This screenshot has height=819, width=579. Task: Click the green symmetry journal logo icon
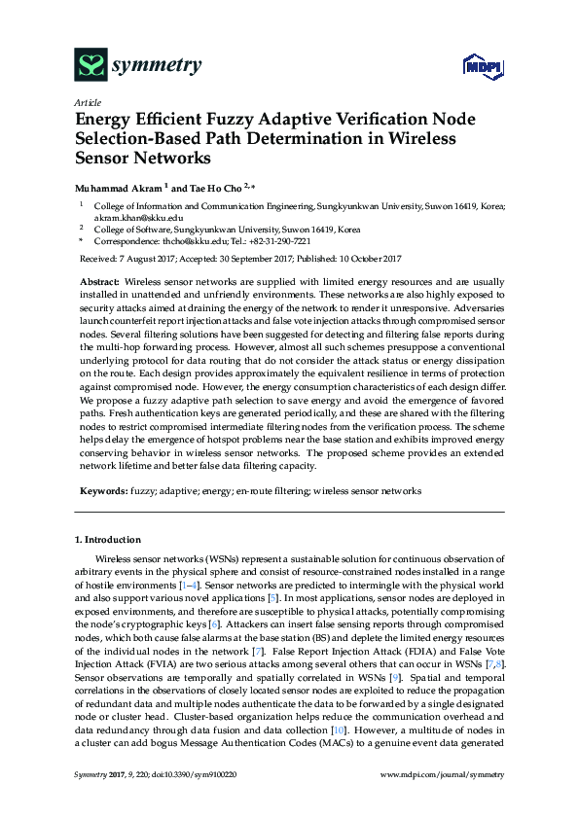click(90, 65)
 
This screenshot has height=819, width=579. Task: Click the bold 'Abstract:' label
click(100, 279)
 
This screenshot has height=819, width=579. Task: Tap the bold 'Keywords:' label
click(102, 492)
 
